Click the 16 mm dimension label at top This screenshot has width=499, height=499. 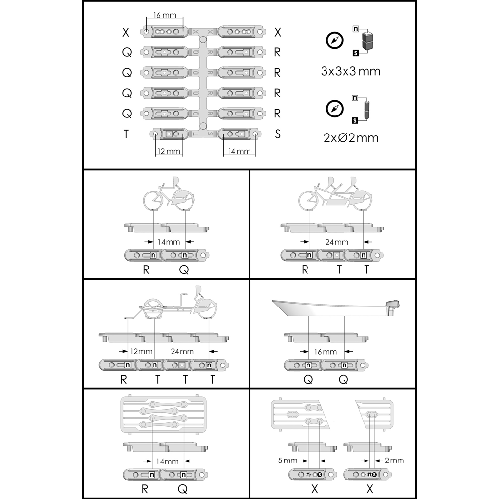tap(165, 15)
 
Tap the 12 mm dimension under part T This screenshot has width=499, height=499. tap(169, 151)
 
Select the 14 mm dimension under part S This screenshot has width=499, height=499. tap(239, 151)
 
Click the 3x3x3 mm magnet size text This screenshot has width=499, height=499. tap(350, 71)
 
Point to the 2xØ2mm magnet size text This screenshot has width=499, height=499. tap(351, 138)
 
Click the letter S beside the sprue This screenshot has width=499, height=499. tap(277, 134)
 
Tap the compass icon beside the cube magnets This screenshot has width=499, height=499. tap(334, 40)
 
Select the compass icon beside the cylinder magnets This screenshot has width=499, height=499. tap(334, 109)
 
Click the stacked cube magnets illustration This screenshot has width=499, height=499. tap(367, 40)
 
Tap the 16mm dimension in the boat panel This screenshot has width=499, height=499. tap(325, 352)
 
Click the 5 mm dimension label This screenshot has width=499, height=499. tap(288, 460)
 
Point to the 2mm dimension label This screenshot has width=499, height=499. tap(394, 460)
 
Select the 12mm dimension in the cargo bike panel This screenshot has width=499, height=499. tap(141, 352)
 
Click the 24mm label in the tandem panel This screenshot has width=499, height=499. tap(337, 242)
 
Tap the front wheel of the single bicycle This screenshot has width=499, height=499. tap(154, 199)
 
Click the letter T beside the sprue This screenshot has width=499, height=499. tap(126, 134)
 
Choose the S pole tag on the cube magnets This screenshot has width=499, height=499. tap(356, 53)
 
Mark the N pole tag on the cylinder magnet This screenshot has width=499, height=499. tap(355, 97)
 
